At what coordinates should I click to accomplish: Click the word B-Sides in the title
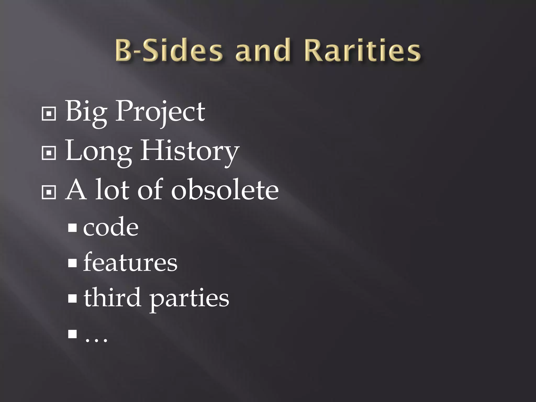pos(169,50)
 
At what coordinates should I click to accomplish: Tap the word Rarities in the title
pos(362,50)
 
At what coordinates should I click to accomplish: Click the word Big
pos(86,112)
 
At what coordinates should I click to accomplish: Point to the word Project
pos(160,112)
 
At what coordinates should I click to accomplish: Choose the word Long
pos(98,152)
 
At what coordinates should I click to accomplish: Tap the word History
pos(190,152)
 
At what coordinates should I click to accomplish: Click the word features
pos(130,263)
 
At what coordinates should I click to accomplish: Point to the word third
pos(112,298)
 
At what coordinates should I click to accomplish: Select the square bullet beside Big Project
pos(49,114)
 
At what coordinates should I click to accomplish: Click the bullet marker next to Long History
pos(49,153)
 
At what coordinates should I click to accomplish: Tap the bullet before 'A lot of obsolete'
pos(49,192)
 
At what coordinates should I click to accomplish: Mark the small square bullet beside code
pos(72,228)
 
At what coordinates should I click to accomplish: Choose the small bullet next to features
pos(72,263)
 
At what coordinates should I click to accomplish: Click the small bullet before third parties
pos(72,298)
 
